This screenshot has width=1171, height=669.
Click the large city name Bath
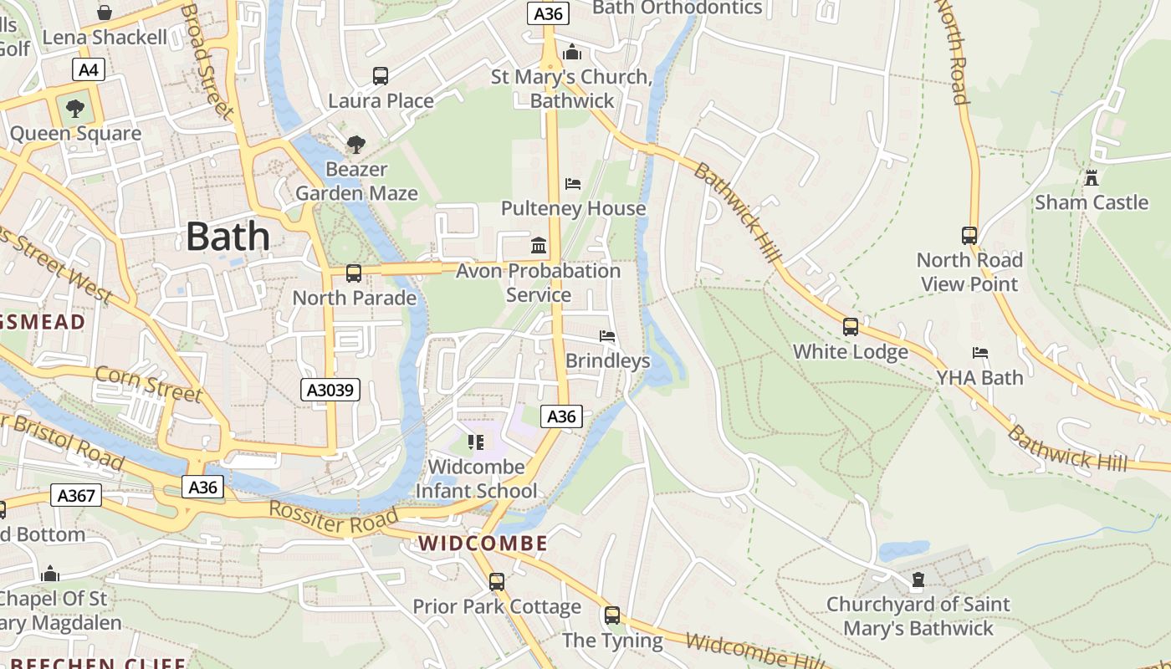pyautogui.click(x=228, y=237)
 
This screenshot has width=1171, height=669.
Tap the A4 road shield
pyautogui.click(x=88, y=69)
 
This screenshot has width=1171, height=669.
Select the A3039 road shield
pyautogui.click(x=330, y=389)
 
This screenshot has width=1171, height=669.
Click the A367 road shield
pyautogui.click(x=76, y=495)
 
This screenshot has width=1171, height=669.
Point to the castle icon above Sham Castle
pyautogui.click(x=1091, y=177)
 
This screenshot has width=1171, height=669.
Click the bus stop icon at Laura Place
pyautogui.click(x=381, y=76)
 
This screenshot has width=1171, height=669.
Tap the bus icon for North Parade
pyautogui.click(x=354, y=273)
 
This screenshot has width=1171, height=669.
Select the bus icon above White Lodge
pyautogui.click(x=851, y=327)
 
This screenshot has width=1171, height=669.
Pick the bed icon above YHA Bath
pyautogui.click(x=980, y=353)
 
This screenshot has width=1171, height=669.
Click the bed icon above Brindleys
pyautogui.click(x=607, y=336)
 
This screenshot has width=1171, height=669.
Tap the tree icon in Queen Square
pyautogui.click(x=75, y=109)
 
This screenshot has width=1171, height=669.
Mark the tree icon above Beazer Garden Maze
pyautogui.click(x=356, y=145)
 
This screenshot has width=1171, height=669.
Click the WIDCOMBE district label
pyautogui.click(x=483, y=544)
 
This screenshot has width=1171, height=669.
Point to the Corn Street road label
pyautogui.click(x=148, y=383)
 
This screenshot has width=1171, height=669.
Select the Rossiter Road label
pyautogui.click(x=333, y=518)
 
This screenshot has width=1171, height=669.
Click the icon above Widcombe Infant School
pyautogui.click(x=476, y=442)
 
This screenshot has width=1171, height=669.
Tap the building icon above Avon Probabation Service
pyautogui.click(x=539, y=246)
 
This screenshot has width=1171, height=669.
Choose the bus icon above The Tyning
pyautogui.click(x=612, y=615)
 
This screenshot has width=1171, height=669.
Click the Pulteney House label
pyautogui.click(x=574, y=208)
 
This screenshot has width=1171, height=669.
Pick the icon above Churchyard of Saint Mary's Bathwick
pyautogui.click(x=918, y=580)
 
